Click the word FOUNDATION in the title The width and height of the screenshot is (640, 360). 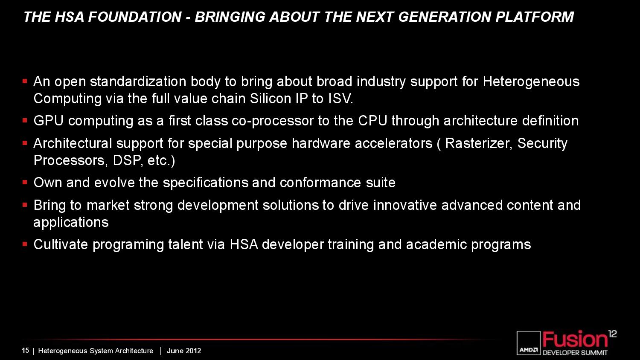click(135, 17)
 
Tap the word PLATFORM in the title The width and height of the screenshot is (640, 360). click(535, 17)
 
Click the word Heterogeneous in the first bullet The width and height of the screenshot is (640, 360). click(531, 82)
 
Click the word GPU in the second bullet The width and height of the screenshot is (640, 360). click(48, 121)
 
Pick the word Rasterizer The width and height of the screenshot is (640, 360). click(479, 143)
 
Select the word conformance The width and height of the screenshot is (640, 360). click(320, 183)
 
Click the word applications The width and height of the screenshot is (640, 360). click(71, 223)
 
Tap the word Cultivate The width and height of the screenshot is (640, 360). click(61, 244)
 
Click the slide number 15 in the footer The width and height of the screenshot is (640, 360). click(25, 351)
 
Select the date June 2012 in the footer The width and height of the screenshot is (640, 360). click(184, 351)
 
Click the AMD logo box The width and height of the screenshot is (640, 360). click(529, 343)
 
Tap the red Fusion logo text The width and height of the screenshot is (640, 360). click(575, 340)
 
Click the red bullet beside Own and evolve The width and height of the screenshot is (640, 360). click(25, 182)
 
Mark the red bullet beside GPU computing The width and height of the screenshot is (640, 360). click(25, 120)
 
